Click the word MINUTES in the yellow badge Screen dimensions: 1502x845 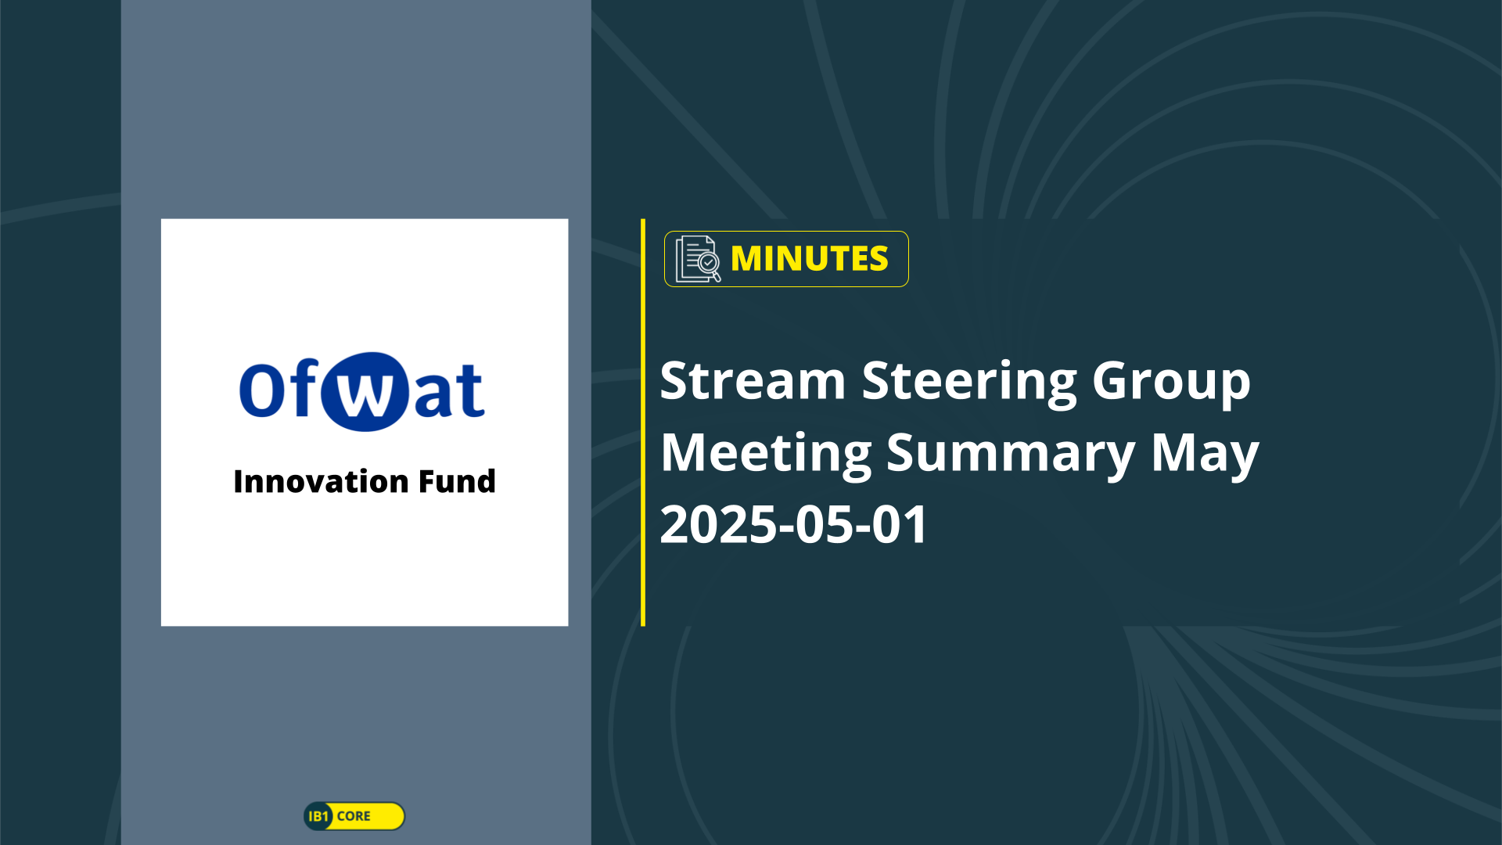tap(809, 259)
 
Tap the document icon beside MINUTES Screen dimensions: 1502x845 tap(698, 258)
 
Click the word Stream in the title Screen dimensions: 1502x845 tap(753, 381)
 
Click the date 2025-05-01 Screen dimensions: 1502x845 tap(793, 524)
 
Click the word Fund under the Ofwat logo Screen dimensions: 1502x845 tap(457, 481)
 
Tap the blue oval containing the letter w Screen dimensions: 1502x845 tap(365, 391)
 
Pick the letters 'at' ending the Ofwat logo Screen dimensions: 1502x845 tap(448, 390)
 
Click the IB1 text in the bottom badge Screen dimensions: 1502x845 tap(318, 816)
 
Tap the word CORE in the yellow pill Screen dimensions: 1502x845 tap(354, 816)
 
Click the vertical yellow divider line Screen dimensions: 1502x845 tap(643, 422)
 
